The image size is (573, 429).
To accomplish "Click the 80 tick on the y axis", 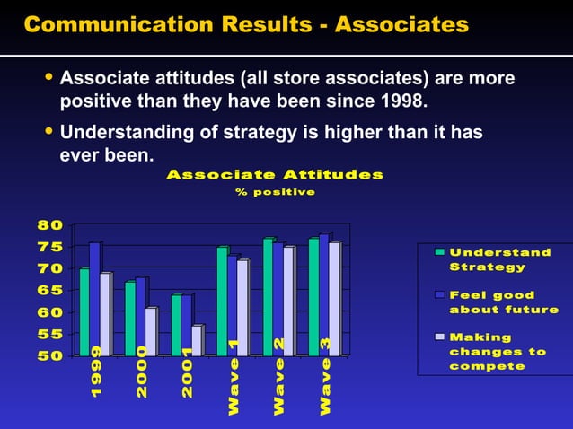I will pos(49,224).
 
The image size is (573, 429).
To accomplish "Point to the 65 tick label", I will pos(49,290).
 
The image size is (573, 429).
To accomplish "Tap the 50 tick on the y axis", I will pos(49,355).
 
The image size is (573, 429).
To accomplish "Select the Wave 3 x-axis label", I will pos(326,377).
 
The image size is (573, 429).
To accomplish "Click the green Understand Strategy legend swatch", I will pos(439,252).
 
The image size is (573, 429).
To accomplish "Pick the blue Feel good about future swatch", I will pos(439,294).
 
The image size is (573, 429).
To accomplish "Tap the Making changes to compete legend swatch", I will pos(439,337).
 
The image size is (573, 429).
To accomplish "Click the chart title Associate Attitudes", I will pos(275,174).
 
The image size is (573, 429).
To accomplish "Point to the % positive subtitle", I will pos(275,192).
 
